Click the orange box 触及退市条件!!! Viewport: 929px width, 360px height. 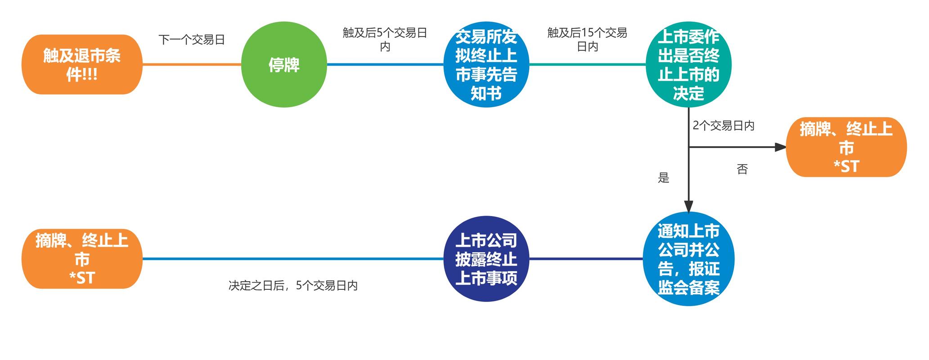point(82,64)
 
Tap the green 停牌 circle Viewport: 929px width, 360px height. point(284,64)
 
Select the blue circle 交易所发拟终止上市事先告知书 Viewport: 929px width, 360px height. point(486,64)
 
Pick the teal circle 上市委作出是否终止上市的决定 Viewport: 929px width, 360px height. point(688,64)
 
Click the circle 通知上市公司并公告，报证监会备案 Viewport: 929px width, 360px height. point(688,259)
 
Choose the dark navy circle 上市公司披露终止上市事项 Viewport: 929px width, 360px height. point(486,259)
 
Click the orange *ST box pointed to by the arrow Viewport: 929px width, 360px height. point(846,147)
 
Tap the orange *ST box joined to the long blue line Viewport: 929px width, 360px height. point(82,259)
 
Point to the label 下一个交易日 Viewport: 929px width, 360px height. point(192,40)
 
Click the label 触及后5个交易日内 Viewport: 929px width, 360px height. point(385,39)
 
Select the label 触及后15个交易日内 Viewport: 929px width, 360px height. point(587,39)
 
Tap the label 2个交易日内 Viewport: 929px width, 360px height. point(723,126)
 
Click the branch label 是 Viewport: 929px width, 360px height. point(664,178)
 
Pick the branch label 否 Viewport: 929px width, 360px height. point(742,169)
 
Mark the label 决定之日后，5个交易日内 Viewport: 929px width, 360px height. point(293,286)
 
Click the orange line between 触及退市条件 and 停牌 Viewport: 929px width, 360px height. point(192,64)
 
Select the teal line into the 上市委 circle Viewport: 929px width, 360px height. point(587,64)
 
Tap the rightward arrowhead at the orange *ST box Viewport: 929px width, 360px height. point(780,147)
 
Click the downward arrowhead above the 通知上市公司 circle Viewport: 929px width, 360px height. point(688,206)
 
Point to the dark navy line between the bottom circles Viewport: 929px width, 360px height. point(586,259)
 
